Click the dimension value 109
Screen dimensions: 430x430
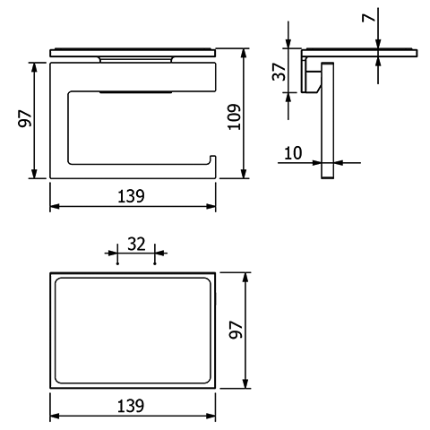pos(235,116)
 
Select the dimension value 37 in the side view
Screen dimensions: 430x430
pos(279,72)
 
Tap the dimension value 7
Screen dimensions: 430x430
pos(368,18)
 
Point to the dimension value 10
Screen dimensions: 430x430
pos(293,153)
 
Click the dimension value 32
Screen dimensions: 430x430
pos(136,244)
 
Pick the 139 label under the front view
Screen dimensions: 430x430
pos(131,196)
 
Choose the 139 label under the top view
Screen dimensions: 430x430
pos(131,406)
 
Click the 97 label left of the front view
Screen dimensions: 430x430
pos(25,118)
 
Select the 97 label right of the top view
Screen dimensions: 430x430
pos(236,330)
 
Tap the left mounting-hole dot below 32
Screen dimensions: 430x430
pos(117,263)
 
